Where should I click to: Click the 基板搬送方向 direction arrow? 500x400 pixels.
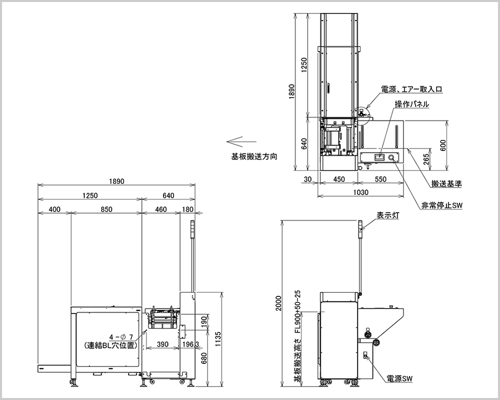coord(241,141)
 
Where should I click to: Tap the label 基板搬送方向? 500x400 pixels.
coord(254,156)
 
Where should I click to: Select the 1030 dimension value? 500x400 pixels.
coord(361,192)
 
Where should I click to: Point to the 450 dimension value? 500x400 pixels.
coord(338,179)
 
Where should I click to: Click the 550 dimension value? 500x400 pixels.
coord(380,179)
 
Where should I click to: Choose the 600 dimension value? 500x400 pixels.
coord(443,145)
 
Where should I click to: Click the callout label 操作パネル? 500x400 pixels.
coord(412,104)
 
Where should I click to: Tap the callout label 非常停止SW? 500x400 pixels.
coord(442,205)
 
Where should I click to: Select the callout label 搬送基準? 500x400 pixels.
coord(446,183)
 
